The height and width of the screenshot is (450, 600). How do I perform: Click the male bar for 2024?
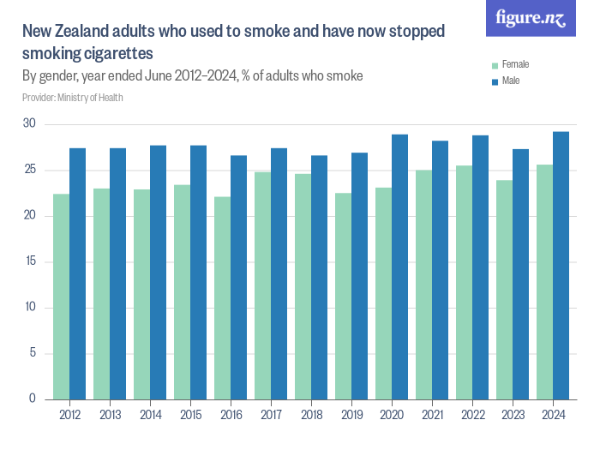pyautogui.click(x=561, y=266)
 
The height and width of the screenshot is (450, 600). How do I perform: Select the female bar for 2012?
pyautogui.click(x=61, y=297)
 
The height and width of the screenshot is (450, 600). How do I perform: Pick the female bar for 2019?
pyautogui.click(x=343, y=297)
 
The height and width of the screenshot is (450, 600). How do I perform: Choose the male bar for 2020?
pyautogui.click(x=399, y=267)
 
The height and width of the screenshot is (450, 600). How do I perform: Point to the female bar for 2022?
pyautogui.click(x=464, y=283)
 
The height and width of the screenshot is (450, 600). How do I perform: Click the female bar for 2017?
pyautogui.click(x=262, y=286)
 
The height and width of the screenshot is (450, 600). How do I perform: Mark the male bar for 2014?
pyautogui.click(x=158, y=273)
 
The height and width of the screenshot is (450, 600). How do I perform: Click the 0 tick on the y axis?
pyautogui.click(x=33, y=399)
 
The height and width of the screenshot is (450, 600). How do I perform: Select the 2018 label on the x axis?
pyautogui.click(x=311, y=416)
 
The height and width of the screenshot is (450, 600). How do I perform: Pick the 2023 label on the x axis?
pyautogui.click(x=513, y=416)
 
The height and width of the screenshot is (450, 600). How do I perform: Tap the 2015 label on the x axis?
pyautogui.click(x=190, y=416)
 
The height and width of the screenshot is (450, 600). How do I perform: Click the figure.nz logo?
pyautogui.click(x=531, y=18)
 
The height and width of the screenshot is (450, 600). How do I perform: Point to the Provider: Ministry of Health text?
pyautogui.click(x=73, y=97)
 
